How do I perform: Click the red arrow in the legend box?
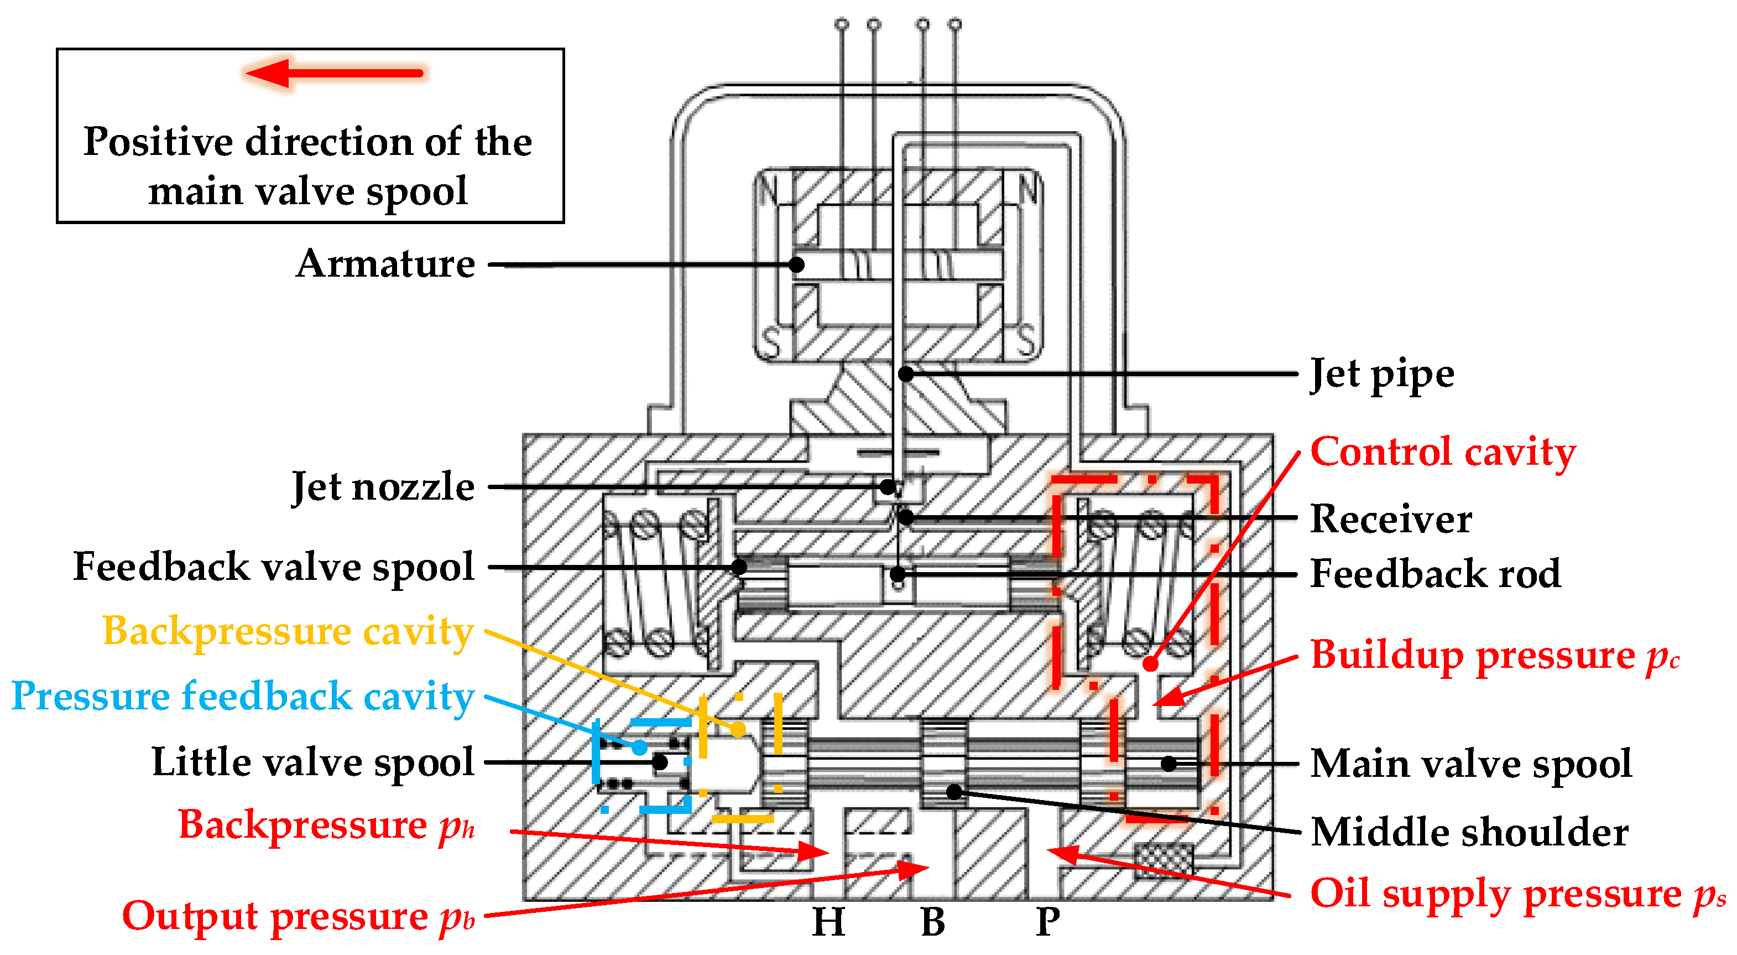[x=334, y=73]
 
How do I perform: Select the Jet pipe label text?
[x=1381, y=375]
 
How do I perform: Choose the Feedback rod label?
[x=1435, y=573]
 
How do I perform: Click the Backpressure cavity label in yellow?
[x=288, y=631]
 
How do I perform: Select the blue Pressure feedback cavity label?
[x=243, y=696]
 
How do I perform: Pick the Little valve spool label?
[x=313, y=762]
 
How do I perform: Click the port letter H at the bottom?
[x=828, y=921]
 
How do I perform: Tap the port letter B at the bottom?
[x=933, y=921]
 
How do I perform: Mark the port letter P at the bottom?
[x=1047, y=921]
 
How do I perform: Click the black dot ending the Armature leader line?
[x=796, y=264]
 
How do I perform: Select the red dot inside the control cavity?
[x=1150, y=663]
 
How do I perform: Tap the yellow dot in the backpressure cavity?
[x=738, y=729]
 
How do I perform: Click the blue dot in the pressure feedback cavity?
[x=639, y=748]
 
